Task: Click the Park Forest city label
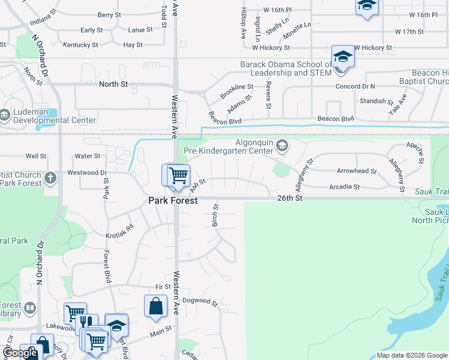pos(173,201)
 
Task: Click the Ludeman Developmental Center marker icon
pos(4,114)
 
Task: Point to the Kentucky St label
pos(80,45)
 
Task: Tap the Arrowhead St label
pos(357,171)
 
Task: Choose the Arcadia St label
pos(344,187)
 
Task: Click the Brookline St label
pos(237,92)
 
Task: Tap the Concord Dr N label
pos(355,86)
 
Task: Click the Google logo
pos(20,353)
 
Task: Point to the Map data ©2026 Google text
pos(412,355)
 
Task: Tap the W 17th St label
pos(409,31)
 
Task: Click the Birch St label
pos(215,215)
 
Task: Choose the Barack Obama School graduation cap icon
pos(343,57)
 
